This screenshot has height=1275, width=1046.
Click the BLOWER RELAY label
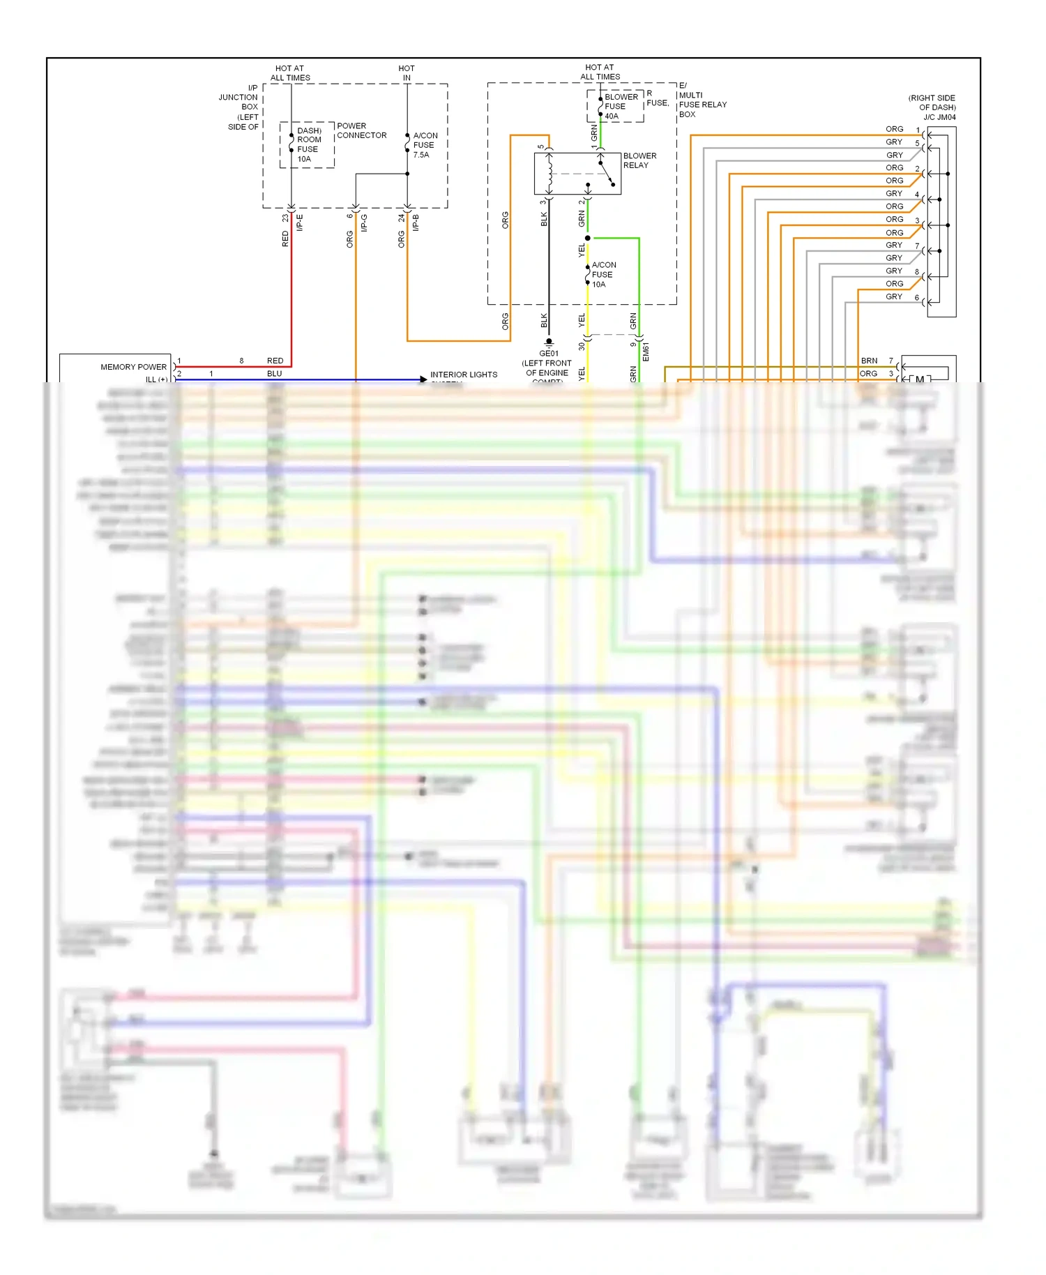639,160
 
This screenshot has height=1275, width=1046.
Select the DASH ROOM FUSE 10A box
308,145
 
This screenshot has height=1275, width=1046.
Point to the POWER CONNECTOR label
361,130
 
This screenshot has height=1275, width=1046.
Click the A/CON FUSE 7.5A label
425,145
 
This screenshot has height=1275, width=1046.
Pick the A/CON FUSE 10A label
603,275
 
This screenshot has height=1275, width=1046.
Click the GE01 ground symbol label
549,353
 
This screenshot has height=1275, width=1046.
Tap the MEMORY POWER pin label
133,367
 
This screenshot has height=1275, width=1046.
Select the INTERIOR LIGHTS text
464,375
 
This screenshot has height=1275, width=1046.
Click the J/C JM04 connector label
939,117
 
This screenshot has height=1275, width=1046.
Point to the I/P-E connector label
300,222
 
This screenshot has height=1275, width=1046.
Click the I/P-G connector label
364,222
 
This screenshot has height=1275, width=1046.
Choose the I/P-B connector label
416,222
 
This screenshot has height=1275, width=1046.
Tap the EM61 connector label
646,352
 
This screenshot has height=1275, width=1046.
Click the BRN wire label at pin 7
869,361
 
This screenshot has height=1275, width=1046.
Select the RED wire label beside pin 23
285,239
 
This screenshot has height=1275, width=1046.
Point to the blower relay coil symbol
549,173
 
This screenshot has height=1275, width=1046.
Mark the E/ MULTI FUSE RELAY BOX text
702,100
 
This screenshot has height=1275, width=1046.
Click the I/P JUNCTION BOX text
241,107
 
